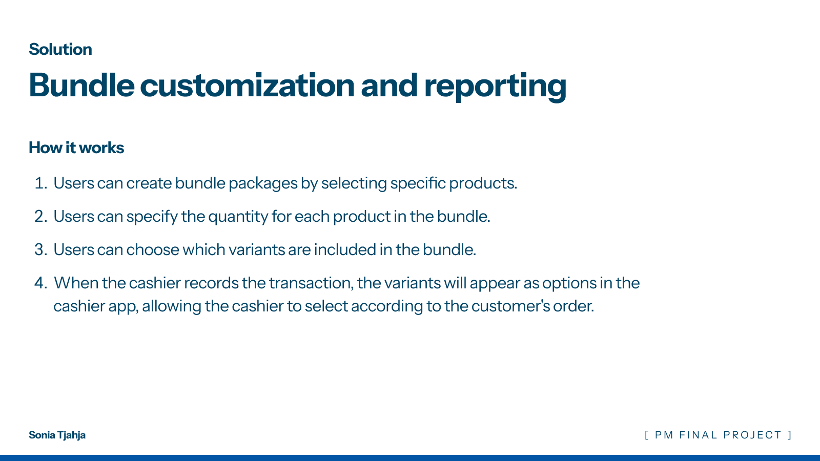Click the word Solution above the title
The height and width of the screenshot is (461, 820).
click(60, 49)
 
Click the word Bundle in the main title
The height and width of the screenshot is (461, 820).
click(81, 85)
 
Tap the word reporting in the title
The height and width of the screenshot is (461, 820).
click(495, 87)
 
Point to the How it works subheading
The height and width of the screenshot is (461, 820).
click(76, 148)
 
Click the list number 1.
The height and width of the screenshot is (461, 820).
click(40, 183)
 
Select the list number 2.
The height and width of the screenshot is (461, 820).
click(40, 217)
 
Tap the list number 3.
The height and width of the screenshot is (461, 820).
click(40, 250)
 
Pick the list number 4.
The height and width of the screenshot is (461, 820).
click(40, 283)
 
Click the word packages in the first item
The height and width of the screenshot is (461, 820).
click(263, 184)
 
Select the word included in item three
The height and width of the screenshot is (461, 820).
click(345, 250)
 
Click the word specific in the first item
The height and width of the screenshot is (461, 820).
click(418, 184)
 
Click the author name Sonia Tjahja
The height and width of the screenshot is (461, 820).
click(57, 435)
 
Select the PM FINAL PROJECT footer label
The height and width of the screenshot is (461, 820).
click(718, 435)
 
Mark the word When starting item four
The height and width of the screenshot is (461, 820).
click(76, 283)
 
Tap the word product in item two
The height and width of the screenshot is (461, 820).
click(362, 217)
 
